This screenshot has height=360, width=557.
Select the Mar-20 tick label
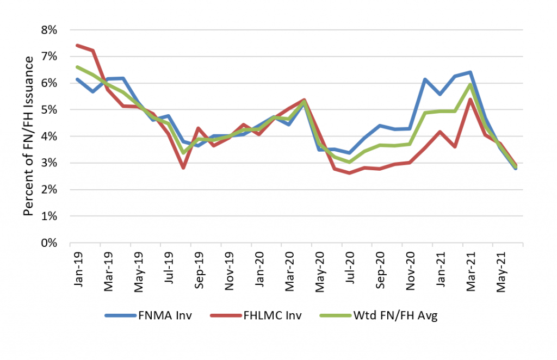[289, 268]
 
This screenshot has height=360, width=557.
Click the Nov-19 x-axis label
[230, 268]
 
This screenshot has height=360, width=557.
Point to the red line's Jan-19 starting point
[78, 45]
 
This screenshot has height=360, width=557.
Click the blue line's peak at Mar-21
[470, 72]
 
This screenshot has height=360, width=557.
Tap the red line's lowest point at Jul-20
[349, 173]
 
